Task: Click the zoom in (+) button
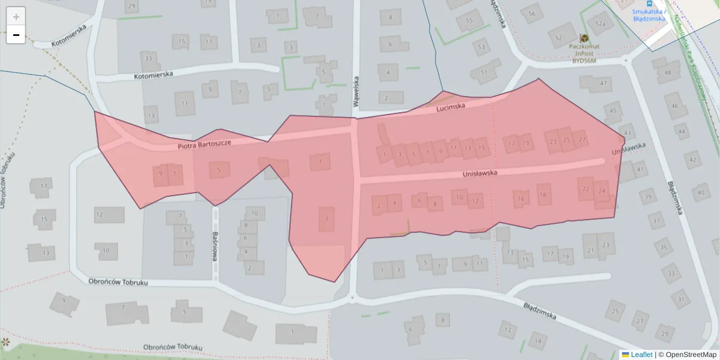click(16, 17)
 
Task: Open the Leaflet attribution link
click(641, 355)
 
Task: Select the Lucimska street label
click(451, 107)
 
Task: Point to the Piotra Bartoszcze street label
click(204, 144)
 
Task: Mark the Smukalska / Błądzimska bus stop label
click(649, 14)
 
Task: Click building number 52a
click(600, 24)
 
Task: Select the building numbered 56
click(531, 13)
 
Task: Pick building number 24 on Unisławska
click(602, 191)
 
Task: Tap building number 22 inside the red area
click(586, 188)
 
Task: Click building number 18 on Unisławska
click(543, 194)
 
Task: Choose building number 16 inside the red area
click(521, 199)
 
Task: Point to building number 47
click(603, 83)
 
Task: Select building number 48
click(667, 73)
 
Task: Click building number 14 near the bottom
click(537, 341)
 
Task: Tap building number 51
click(484, 73)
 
